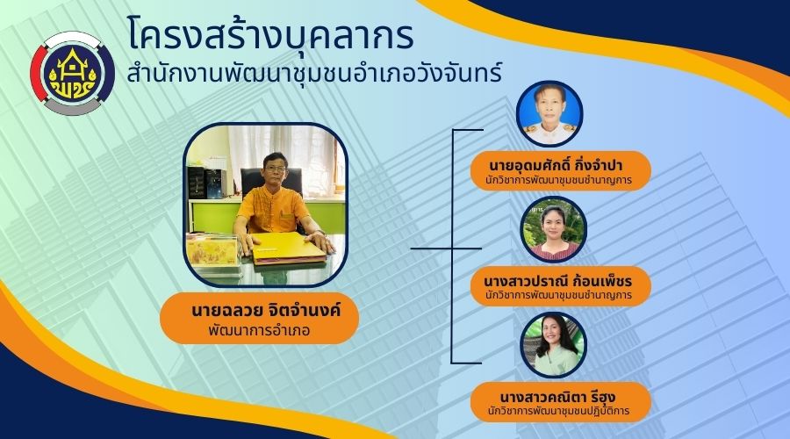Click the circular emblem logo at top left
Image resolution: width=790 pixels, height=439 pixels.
73,74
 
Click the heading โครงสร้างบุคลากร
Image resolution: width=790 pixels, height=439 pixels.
270,34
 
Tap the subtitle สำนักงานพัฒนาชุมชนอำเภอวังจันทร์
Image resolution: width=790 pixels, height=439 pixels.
314,73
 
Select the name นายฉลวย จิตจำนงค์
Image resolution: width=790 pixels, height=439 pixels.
266,309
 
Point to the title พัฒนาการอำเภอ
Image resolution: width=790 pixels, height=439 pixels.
259,331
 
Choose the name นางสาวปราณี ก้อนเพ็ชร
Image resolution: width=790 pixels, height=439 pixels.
557,281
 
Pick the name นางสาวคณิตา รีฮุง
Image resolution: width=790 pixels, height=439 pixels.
557,397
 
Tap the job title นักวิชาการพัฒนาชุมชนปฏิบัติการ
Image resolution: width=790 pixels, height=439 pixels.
558,411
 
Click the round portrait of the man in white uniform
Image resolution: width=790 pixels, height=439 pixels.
549,113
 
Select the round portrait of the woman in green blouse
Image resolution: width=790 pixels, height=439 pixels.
553,345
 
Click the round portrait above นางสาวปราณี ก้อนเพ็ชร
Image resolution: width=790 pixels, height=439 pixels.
553,229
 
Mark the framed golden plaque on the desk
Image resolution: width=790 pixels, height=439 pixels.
212,250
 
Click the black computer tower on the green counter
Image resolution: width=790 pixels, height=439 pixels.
215,183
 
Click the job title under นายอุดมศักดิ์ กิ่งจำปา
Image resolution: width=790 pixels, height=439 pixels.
558,180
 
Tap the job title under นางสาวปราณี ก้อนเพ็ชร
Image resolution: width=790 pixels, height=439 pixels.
558,295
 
